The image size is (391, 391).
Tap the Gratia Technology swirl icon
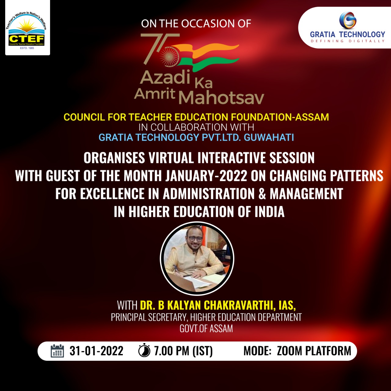[348, 20]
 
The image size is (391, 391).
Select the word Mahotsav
[221, 98]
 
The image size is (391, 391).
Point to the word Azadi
[165, 77]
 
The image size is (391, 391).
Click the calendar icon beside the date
[57, 351]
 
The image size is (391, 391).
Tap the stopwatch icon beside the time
[144, 350]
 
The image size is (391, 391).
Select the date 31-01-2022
[97, 351]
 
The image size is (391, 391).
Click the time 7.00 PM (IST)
[183, 351]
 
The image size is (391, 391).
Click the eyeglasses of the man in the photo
[195, 239]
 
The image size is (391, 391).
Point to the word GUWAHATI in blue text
[269, 137]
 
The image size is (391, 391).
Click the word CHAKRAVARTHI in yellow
[238, 305]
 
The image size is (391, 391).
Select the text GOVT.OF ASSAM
[206, 329]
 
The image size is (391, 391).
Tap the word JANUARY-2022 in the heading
[206, 176]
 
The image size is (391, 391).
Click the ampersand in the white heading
[262, 194]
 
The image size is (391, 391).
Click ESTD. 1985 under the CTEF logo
[27, 48]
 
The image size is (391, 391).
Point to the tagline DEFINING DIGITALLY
[348, 41]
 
